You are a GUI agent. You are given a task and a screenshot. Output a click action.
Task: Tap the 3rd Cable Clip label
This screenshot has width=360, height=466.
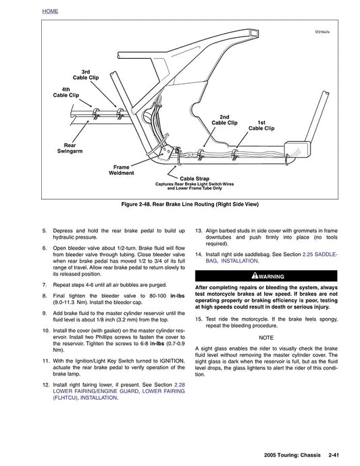(90, 75)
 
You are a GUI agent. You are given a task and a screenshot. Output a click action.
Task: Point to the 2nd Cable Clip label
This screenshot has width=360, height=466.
(224, 120)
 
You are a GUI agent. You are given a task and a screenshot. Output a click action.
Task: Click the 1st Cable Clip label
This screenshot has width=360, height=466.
(261, 124)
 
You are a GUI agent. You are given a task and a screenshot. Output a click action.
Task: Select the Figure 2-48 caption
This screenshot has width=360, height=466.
(180, 203)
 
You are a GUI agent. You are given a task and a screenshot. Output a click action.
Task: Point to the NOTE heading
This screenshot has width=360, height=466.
(266, 337)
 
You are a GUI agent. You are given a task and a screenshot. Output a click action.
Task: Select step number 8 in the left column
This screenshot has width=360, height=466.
(45, 295)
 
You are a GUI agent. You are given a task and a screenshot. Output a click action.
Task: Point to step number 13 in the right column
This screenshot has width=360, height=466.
(199, 230)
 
